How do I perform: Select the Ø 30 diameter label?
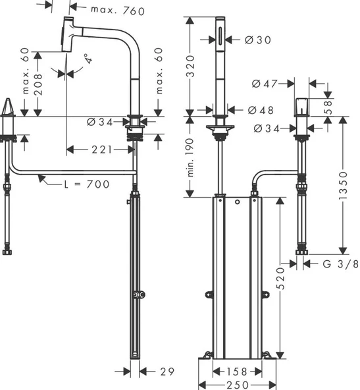pyautogui.click(x=253, y=40)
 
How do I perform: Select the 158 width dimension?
pyautogui.click(x=236, y=372)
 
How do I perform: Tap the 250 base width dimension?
pyautogui.click(x=236, y=385)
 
